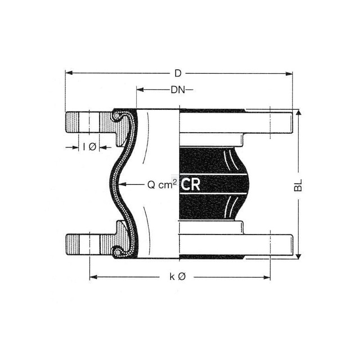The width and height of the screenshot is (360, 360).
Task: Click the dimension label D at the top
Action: (x=178, y=73)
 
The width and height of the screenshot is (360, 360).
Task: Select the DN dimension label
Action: (x=178, y=90)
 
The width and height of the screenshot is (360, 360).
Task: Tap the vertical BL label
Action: (x=298, y=185)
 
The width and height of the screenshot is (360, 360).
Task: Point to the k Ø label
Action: (x=177, y=277)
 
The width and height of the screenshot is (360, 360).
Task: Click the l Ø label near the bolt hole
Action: (x=90, y=147)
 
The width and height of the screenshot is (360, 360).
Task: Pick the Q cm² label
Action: (x=162, y=184)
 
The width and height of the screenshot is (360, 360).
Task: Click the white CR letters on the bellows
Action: (x=190, y=184)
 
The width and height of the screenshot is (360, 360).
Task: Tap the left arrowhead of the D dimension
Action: (x=69, y=73)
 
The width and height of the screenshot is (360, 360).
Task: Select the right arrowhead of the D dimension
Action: (x=289, y=74)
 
